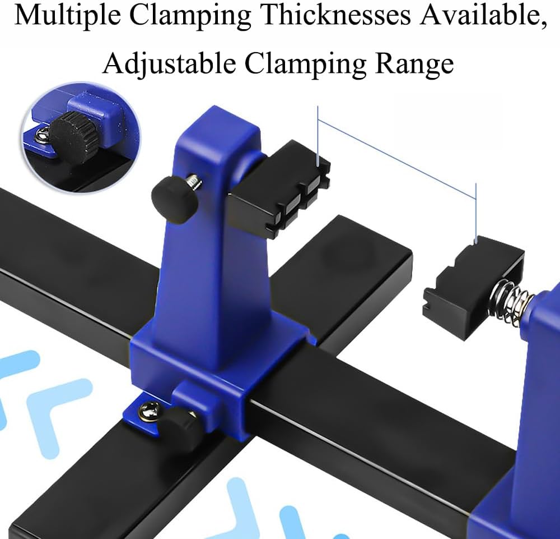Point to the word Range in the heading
pyautogui.click(x=414, y=63)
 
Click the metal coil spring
pyautogui.click(x=510, y=302)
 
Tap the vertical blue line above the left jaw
pyautogui.click(x=318, y=135)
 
